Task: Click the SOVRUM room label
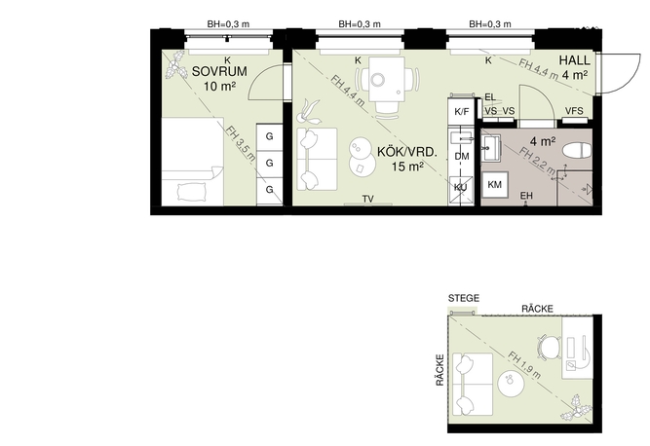click(219, 72)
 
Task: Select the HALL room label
click(575, 60)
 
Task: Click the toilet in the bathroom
click(578, 150)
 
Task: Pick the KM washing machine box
click(495, 185)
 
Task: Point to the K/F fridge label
click(461, 112)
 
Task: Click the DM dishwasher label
click(461, 157)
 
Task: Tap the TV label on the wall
click(368, 200)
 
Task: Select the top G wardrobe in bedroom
click(269, 136)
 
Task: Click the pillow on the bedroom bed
click(191, 191)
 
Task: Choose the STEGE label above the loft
click(464, 298)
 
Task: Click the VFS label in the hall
click(574, 111)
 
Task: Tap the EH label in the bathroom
click(526, 196)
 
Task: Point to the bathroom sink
click(491, 147)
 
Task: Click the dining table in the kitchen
click(386, 79)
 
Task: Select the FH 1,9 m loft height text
click(524, 365)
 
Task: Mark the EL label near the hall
click(490, 97)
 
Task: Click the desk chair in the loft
click(549, 347)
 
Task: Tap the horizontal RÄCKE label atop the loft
click(537, 309)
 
